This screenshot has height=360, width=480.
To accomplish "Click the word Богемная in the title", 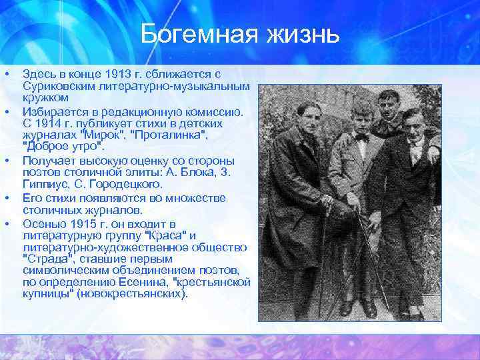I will (x=194, y=34).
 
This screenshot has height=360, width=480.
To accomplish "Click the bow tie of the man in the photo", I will (x=361, y=137).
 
